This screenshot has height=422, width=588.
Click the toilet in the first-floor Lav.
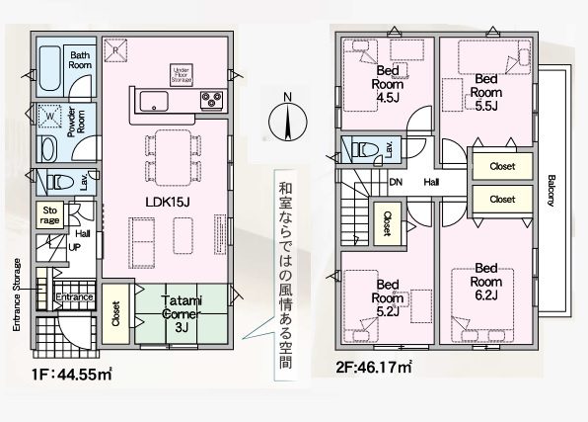[x=57, y=182]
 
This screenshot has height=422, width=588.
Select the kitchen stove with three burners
[x=212, y=99]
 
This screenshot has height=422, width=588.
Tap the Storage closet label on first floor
[x=48, y=215]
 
